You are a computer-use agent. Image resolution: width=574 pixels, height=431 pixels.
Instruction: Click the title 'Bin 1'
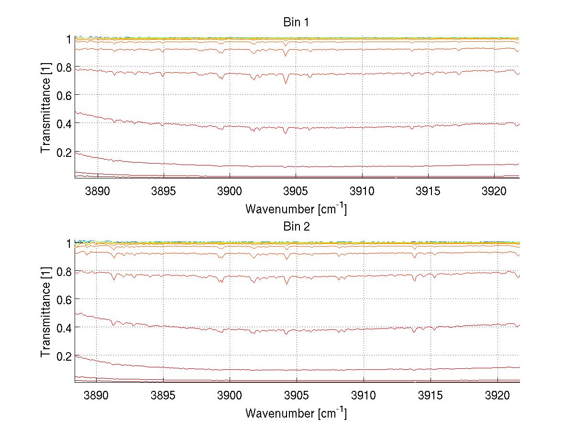pyautogui.click(x=296, y=22)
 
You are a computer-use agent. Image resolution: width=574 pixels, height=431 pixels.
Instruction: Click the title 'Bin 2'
pyautogui.click(x=296, y=227)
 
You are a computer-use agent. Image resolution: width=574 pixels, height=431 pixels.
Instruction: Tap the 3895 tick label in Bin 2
pyautogui.click(x=163, y=395)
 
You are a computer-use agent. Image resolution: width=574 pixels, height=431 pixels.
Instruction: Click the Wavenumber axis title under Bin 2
pyautogui.click(x=296, y=412)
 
